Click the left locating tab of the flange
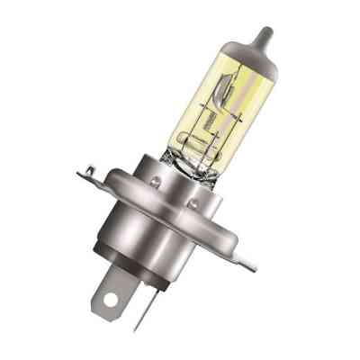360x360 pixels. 93,169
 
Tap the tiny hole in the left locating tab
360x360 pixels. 92,167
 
